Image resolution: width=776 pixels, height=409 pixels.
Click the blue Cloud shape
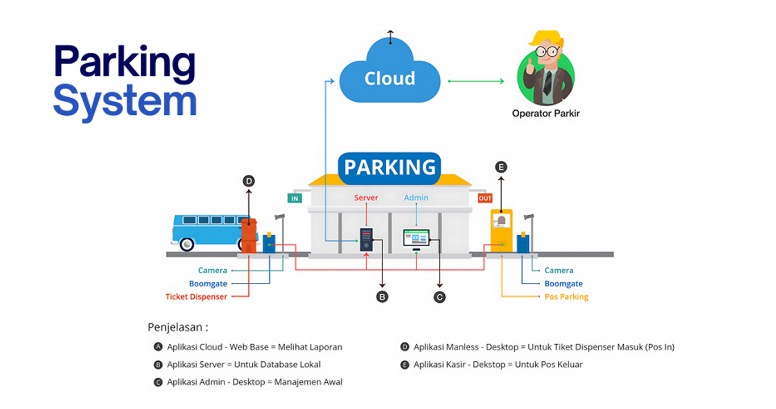pos(390,76)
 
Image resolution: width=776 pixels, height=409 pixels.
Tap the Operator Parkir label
pos(545,113)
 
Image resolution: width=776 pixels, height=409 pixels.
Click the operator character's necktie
pos(548,83)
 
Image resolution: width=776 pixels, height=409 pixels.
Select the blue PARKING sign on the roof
pos(390,168)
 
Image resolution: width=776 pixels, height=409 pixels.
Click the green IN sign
pos(295,198)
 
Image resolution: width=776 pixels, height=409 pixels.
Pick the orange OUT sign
pos(485,198)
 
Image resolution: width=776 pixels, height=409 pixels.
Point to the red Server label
pos(366,198)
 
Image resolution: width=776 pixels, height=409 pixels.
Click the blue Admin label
pos(416,198)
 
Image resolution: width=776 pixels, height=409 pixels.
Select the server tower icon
pos(366,240)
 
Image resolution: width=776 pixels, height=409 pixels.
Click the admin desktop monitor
pos(416,238)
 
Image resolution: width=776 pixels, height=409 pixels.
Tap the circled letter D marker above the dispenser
pos(248,181)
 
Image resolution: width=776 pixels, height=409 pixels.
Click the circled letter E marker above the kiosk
pos(501,167)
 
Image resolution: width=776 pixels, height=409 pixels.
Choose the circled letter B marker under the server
pos(382,296)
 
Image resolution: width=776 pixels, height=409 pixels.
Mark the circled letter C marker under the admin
pos(439,296)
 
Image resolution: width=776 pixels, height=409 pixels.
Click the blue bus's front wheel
pos(186,244)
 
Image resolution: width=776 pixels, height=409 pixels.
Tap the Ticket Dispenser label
pos(196,297)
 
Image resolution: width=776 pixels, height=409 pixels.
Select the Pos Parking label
pos(566,297)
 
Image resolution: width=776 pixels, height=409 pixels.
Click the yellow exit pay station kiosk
pos(502,230)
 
